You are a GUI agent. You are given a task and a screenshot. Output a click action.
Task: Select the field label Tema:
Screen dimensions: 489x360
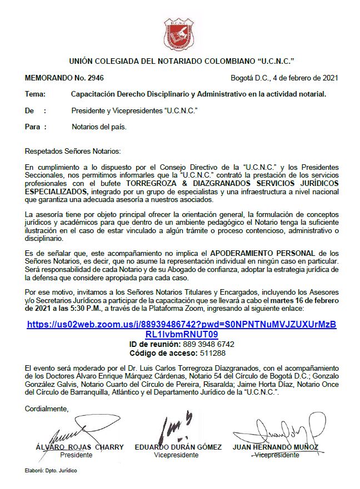36,94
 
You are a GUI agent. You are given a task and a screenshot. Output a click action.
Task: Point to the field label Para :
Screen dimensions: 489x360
36,127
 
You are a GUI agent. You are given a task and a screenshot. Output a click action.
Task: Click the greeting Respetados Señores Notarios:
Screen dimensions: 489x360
73,151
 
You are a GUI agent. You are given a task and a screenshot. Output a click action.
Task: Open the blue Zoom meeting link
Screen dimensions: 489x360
181,329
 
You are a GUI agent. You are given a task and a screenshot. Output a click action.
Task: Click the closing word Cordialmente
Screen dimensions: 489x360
47,409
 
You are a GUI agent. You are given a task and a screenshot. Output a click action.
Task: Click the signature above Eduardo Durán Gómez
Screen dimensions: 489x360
177,427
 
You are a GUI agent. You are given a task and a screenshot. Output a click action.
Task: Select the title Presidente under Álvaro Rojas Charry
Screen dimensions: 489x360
76,455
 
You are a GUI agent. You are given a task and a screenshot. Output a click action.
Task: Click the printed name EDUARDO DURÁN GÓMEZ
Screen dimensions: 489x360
178,447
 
